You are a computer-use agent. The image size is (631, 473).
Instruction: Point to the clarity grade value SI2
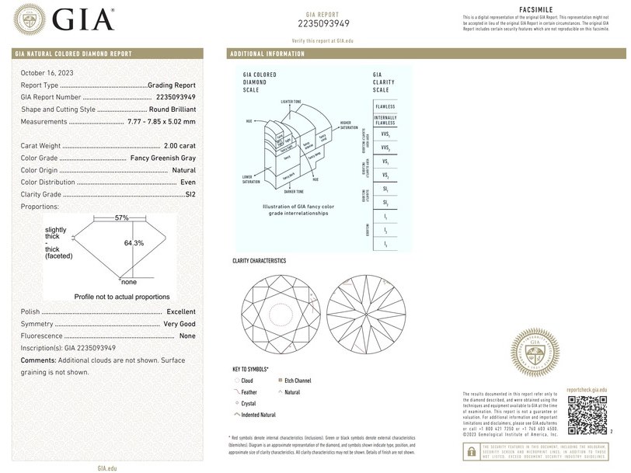(x=190, y=194)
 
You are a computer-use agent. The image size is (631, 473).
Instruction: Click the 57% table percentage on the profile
(x=121, y=218)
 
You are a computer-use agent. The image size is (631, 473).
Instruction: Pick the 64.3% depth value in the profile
(x=134, y=243)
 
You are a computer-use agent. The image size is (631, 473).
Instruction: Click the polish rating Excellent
(x=181, y=311)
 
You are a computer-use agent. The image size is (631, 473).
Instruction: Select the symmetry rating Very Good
(x=180, y=324)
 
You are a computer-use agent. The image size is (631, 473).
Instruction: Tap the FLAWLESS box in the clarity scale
(x=385, y=106)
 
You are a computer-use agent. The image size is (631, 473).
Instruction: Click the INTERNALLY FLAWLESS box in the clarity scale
(x=385, y=120)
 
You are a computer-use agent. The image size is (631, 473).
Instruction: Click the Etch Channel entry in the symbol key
(x=297, y=381)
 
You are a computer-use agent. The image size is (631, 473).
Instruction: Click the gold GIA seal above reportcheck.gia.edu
(x=534, y=354)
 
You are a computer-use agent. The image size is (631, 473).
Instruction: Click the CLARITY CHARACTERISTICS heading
(x=260, y=261)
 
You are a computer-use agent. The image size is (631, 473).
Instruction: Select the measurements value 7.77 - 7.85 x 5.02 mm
(x=161, y=122)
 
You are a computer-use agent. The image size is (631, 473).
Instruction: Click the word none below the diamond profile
(x=129, y=282)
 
